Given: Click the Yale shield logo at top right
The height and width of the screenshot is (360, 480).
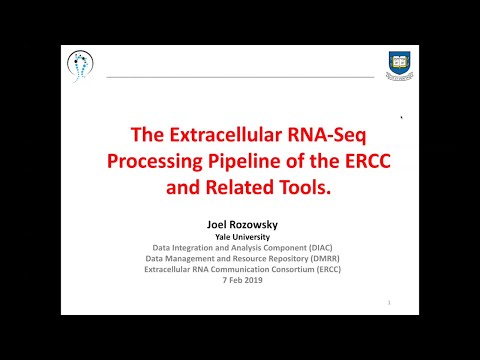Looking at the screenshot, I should [400, 65].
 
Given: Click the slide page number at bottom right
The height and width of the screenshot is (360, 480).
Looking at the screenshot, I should [388, 301].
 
